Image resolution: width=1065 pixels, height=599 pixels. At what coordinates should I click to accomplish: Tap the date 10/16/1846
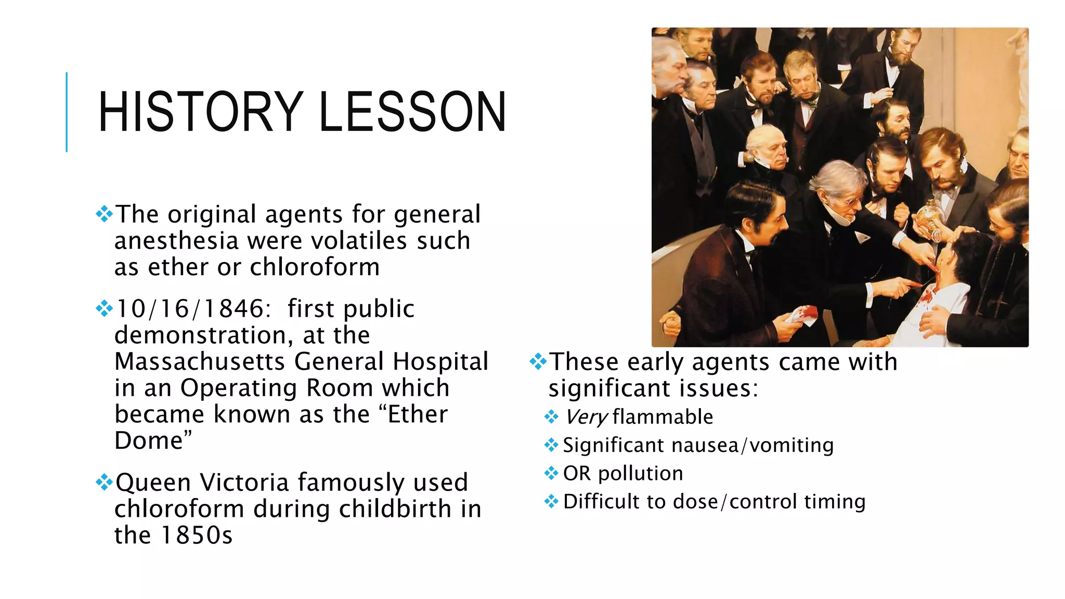(x=190, y=309)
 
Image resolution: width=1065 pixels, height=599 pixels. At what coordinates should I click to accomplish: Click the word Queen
(x=153, y=483)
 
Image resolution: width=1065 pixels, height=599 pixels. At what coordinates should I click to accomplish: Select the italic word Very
(x=586, y=417)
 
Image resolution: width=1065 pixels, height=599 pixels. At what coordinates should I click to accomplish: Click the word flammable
(x=663, y=417)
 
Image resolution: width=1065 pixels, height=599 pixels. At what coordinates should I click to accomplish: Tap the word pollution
(x=641, y=474)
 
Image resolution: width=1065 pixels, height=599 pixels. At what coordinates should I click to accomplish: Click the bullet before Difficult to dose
(x=551, y=502)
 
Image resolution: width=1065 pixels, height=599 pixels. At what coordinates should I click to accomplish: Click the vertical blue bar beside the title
(x=67, y=112)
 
